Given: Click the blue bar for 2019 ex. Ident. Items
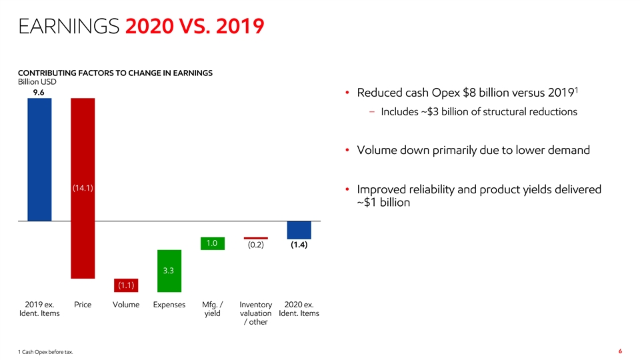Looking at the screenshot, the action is click(x=39, y=159).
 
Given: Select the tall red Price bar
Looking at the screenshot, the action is click(x=83, y=188).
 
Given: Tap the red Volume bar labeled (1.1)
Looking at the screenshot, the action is click(x=126, y=285).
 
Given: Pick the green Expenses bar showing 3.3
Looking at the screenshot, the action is click(x=169, y=271).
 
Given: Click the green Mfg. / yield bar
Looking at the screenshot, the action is click(x=213, y=244).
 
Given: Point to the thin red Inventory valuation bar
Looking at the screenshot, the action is click(x=256, y=239).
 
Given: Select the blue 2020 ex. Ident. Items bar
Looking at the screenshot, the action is click(x=299, y=230).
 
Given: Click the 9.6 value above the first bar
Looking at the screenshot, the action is click(x=39, y=93).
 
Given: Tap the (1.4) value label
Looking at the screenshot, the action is click(x=299, y=245).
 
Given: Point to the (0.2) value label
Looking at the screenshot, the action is click(x=256, y=245).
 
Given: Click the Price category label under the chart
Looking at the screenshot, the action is click(x=83, y=305).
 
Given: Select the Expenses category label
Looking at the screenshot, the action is click(x=169, y=305).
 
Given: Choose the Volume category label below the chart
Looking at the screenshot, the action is click(x=126, y=305).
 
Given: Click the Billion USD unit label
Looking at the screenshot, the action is click(x=37, y=82).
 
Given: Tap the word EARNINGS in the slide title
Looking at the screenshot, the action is click(x=69, y=26).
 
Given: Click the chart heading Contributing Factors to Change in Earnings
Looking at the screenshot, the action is click(x=115, y=73).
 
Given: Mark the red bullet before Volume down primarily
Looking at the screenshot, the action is click(x=347, y=150).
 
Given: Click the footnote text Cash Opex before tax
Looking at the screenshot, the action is click(x=47, y=352).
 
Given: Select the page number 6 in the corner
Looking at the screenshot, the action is click(x=621, y=351).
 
